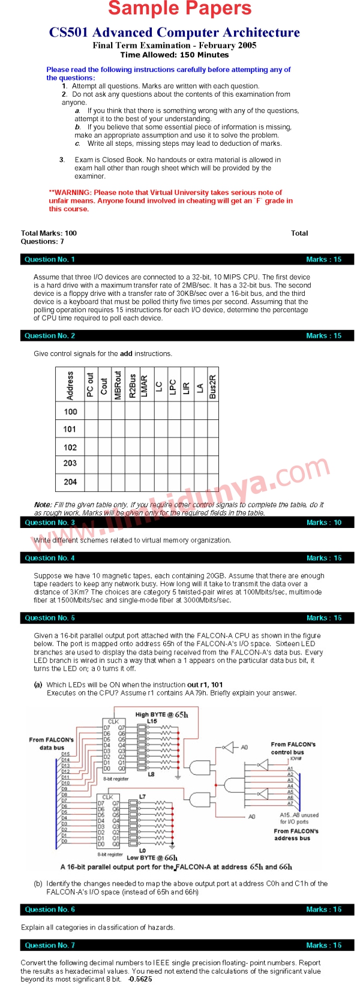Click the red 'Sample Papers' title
[180, 9]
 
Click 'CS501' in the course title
[68, 32]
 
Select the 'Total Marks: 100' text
[49, 233]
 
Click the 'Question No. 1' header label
[50, 260]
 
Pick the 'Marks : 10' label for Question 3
[323, 523]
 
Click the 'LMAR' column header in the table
[145, 386]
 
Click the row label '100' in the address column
[70, 412]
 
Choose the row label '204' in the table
[70, 482]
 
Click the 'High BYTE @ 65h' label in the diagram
[161, 715]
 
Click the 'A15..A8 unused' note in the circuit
[299, 815]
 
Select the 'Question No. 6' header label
[50, 910]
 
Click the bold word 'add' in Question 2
[126, 354]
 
